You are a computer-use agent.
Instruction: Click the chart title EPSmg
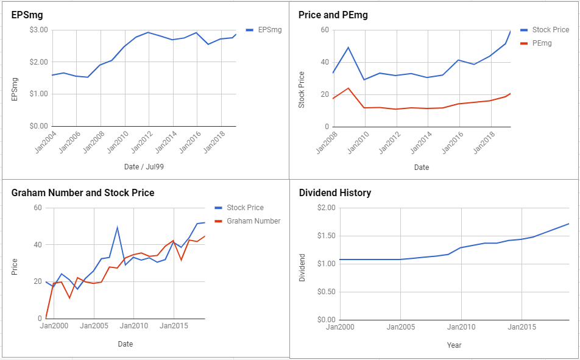tap(27, 15)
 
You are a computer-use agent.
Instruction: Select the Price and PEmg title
tap(333, 15)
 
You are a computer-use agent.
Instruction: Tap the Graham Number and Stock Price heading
tap(83, 192)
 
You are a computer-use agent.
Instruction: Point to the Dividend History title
tap(334, 192)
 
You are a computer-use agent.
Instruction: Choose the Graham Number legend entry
tap(247, 221)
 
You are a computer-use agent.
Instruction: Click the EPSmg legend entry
tap(264, 30)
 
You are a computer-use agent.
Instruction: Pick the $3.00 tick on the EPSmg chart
tap(38, 30)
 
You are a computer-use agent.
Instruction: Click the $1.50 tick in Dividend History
tap(326, 236)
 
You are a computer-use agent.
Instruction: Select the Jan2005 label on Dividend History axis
tap(401, 326)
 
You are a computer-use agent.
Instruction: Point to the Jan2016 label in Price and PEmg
tap(453, 143)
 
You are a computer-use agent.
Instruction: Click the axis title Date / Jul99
tap(144, 167)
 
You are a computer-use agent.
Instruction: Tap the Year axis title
tap(454, 345)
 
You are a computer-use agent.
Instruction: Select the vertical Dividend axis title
tap(302, 267)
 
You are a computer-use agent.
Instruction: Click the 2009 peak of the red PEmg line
tap(348, 88)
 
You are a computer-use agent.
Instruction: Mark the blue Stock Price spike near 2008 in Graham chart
tap(117, 227)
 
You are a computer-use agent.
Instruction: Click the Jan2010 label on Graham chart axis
tap(134, 326)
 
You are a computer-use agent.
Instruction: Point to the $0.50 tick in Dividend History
tap(326, 292)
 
